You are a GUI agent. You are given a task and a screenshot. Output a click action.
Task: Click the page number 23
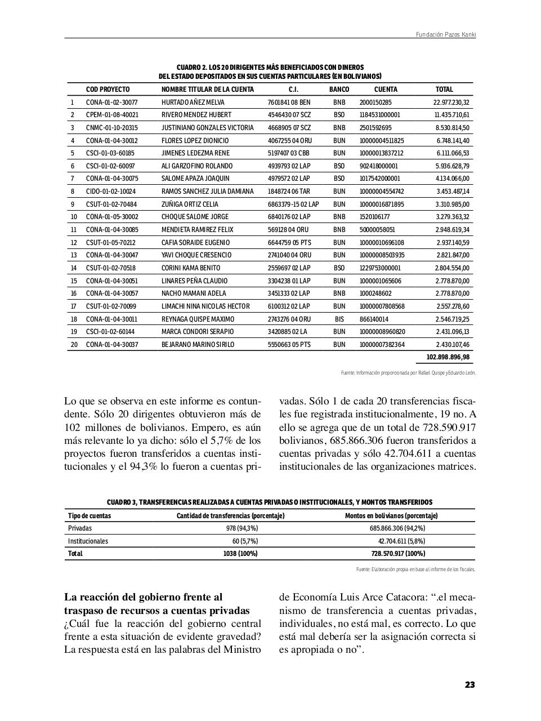pyautogui.click(x=470, y=685)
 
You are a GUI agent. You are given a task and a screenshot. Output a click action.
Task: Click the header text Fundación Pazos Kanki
pyautogui.click(x=445, y=34)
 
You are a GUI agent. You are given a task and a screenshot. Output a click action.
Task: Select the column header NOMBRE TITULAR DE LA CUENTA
pyautogui.click(x=207, y=89)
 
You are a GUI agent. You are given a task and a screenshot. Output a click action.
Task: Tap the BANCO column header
pyautogui.click(x=339, y=89)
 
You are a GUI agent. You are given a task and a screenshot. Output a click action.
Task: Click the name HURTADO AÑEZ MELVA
pyautogui.click(x=193, y=103)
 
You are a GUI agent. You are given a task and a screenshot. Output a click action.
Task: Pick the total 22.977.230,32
pyautogui.click(x=451, y=103)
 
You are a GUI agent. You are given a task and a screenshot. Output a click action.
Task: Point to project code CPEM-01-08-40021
pyautogui.click(x=112, y=115)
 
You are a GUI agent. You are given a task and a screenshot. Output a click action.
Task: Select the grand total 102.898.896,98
pyautogui.click(x=448, y=357)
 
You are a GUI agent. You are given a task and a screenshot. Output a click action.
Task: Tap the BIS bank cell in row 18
pyautogui.click(x=339, y=319)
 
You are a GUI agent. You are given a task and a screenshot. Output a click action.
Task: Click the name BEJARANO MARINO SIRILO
pyautogui.click(x=198, y=344)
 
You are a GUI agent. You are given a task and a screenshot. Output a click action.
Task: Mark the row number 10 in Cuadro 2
pyautogui.click(x=74, y=217)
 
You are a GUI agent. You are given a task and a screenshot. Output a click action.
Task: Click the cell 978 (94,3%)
pyautogui.click(x=242, y=528)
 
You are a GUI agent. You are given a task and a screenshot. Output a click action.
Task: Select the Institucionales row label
pyautogui.click(x=88, y=541)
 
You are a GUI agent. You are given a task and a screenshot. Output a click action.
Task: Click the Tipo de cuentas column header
pyautogui.click(x=90, y=515)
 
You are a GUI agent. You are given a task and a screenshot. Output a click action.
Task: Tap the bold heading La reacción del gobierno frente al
pyautogui.click(x=143, y=597)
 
